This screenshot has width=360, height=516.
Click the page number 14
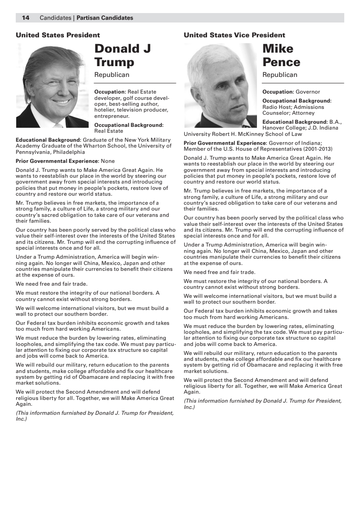pyautogui.click(x=26, y=18)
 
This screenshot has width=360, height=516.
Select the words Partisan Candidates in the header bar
pyautogui.click(x=105, y=18)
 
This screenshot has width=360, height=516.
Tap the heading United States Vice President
pyautogui.click(x=234, y=35)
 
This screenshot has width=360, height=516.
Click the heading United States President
pyautogui.click(x=58, y=35)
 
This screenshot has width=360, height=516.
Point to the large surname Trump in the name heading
pyautogui.click(x=114, y=62)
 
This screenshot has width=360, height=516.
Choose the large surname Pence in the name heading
pyautogui.click(x=281, y=62)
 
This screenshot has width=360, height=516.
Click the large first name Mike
pyautogui.click(x=278, y=49)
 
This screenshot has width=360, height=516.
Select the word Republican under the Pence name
pyautogui.click(x=280, y=75)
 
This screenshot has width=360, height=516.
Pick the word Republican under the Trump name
pyautogui.click(x=112, y=75)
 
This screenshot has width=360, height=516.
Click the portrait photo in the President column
pyautogui.click(x=52, y=85)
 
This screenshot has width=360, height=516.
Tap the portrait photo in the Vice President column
pyautogui.click(x=220, y=85)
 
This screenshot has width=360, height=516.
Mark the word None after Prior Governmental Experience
pyautogui.click(x=108, y=161)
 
